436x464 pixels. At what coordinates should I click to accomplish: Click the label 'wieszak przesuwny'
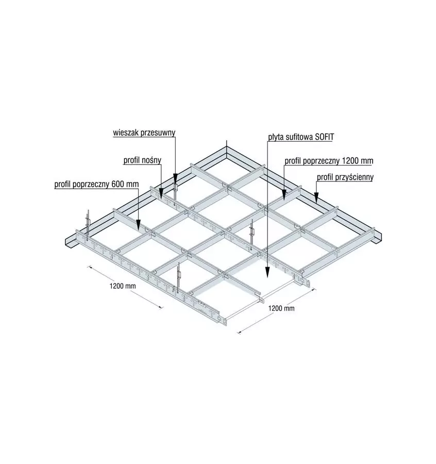coord(144,132)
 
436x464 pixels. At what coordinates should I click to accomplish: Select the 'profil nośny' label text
coord(142,160)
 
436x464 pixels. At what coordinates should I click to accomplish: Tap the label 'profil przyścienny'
coord(345,177)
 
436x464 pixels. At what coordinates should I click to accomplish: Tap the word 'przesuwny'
coord(159,132)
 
